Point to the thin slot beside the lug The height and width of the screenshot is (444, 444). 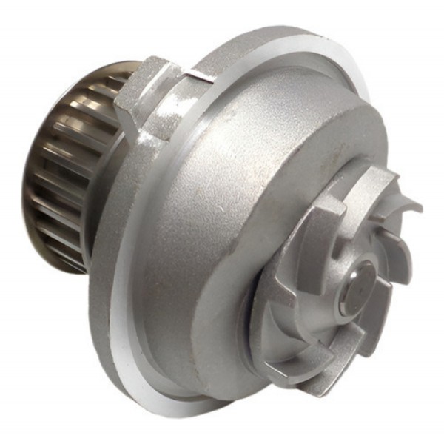[194, 75]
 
